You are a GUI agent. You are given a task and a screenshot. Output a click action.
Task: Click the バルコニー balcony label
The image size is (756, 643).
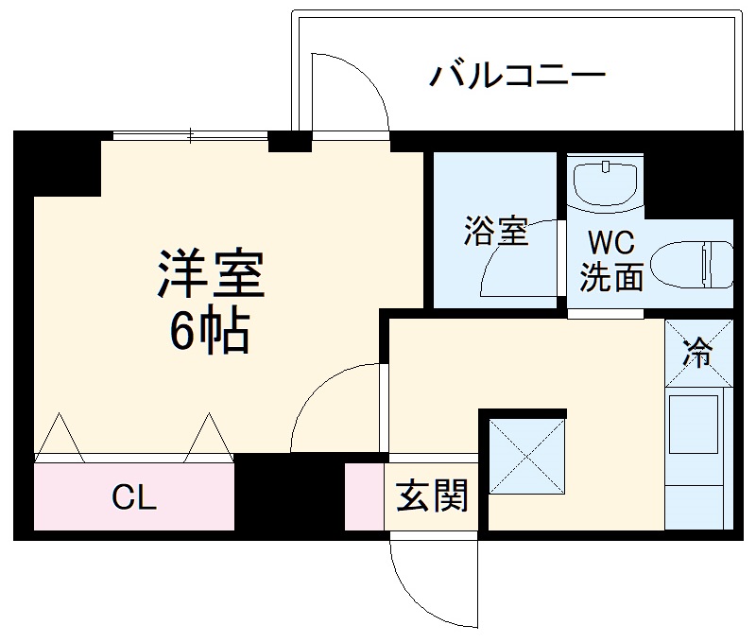click(516, 75)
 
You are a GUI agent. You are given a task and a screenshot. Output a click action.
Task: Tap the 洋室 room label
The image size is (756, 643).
click(211, 273)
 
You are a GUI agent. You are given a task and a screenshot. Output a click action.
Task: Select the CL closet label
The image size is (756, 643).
click(134, 497)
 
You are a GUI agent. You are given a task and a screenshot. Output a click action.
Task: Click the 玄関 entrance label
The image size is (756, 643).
click(432, 495)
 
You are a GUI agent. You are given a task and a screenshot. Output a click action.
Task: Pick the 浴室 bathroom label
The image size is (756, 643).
click(495, 231)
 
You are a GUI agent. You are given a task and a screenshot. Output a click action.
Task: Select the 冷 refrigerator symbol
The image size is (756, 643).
click(698, 355)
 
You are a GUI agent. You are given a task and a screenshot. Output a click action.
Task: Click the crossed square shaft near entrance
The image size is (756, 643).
click(526, 456)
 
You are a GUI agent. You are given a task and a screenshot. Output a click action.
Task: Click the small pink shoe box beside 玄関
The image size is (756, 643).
click(364, 496)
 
